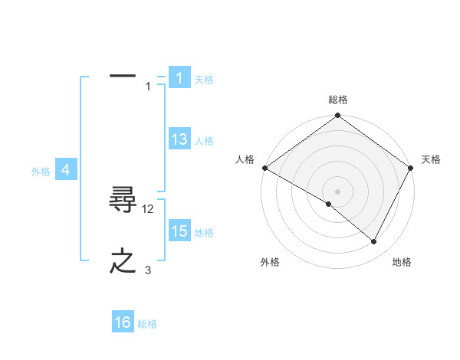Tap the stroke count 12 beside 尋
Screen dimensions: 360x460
click(x=149, y=208)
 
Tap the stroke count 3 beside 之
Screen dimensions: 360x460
click(x=148, y=270)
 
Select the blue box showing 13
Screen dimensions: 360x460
click(x=179, y=139)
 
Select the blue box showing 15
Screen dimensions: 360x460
click(x=179, y=231)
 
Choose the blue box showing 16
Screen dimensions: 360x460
click(x=123, y=322)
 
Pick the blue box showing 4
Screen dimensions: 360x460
click(x=66, y=170)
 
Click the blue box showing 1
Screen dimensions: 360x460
click(x=179, y=78)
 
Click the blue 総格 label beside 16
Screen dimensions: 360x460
click(x=147, y=324)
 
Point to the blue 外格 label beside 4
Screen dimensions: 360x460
click(x=41, y=172)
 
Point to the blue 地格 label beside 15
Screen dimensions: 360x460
click(x=205, y=233)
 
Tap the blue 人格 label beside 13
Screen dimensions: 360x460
click(x=204, y=141)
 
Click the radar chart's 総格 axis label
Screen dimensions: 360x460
click(x=338, y=100)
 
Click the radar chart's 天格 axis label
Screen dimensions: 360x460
click(x=431, y=159)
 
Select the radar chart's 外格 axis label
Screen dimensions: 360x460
click(x=270, y=262)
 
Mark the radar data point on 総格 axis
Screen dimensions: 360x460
click(x=338, y=116)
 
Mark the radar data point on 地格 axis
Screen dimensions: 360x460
click(x=374, y=242)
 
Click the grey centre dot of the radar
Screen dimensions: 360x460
click(x=338, y=191)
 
